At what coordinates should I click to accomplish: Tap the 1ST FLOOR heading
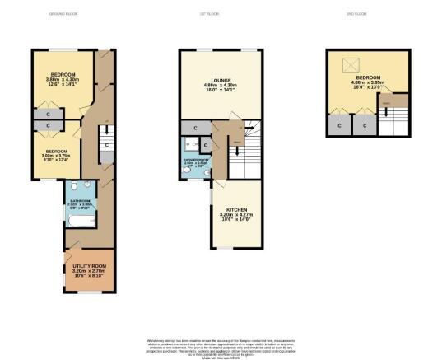click(221, 14)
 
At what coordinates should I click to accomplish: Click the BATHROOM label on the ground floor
click(80, 202)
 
